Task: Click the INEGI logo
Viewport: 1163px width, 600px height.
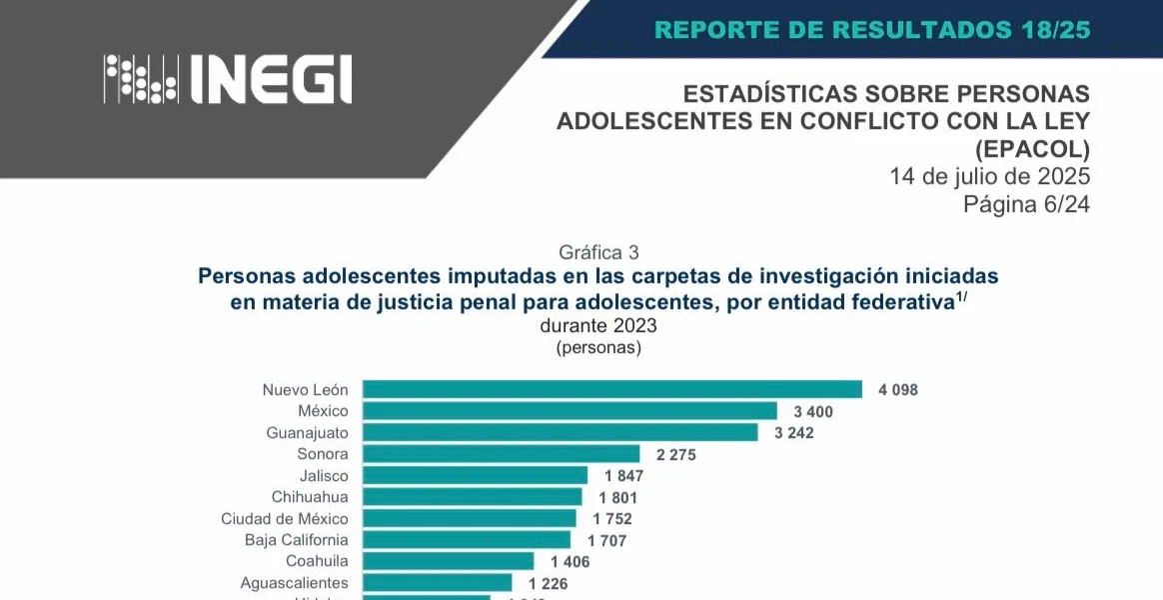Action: tap(229, 79)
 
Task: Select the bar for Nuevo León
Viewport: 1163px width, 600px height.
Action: tap(611, 389)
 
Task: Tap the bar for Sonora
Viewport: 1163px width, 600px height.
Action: tap(501, 454)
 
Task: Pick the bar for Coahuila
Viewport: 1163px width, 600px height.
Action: tap(448, 561)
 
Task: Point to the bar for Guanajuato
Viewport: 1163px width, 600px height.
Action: tap(560, 432)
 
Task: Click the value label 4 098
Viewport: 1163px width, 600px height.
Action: tap(897, 390)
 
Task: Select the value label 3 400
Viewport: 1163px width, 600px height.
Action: tap(812, 411)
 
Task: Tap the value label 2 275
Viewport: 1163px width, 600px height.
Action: tap(675, 454)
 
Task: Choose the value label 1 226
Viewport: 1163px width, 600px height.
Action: tap(548, 583)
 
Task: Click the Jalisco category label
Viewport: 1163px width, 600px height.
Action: tap(324, 475)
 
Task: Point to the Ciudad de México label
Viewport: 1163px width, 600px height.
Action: tap(285, 518)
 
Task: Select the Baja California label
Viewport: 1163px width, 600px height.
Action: tap(297, 540)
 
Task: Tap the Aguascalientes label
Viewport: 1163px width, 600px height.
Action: tap(295, 582)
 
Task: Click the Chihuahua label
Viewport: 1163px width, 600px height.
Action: tap(310, 497)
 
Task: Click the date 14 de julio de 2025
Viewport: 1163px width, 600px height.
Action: tap(989, 177)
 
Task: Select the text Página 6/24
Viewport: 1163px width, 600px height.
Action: tap(1025, 204)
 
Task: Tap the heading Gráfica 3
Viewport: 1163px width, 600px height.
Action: tap(598, 252)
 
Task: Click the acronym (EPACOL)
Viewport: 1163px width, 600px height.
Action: tap(1032, 149)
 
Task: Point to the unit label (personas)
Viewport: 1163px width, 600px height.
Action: tap(598, 348)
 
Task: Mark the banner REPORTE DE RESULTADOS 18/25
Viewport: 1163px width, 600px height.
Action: tap(871, 29)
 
